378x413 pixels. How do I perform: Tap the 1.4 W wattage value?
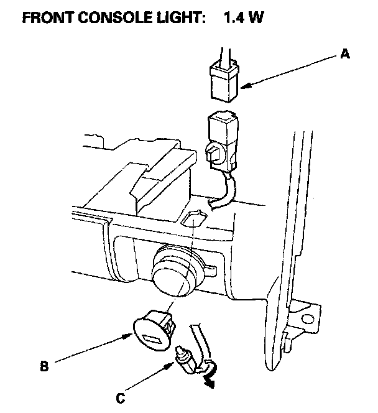pos(242,17)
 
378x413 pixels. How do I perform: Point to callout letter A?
pos(345,55)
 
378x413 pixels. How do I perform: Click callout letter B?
pos(44,366)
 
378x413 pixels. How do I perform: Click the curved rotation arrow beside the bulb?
pos(210,373)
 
